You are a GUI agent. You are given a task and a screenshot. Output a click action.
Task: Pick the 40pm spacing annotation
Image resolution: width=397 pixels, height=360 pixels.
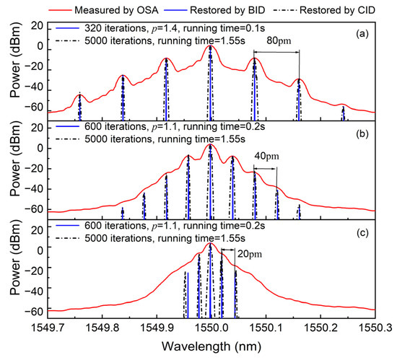click(x=266, y=157)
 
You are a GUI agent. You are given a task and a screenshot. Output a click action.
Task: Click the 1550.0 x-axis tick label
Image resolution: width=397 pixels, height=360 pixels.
click(x=210, y=328)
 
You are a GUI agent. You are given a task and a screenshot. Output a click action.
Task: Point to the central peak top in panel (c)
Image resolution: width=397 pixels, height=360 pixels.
click(x=210, y=244)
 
